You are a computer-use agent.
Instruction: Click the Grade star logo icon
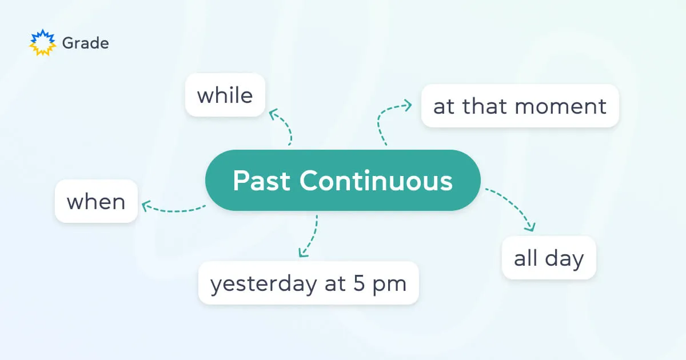[43, 43]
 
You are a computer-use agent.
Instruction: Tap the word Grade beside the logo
[85, 43]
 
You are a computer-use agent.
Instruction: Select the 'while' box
[225, 95]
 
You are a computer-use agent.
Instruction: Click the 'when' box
[96, 201]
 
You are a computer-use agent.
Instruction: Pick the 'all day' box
[549, 258]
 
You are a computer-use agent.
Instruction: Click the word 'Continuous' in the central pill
[376, 181]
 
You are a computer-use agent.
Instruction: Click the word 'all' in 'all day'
[525, 258]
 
